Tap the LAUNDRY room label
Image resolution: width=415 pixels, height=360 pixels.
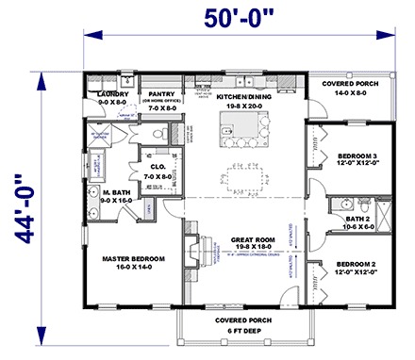[x=113, y=94]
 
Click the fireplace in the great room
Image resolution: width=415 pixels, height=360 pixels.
[x=195, y=252]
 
